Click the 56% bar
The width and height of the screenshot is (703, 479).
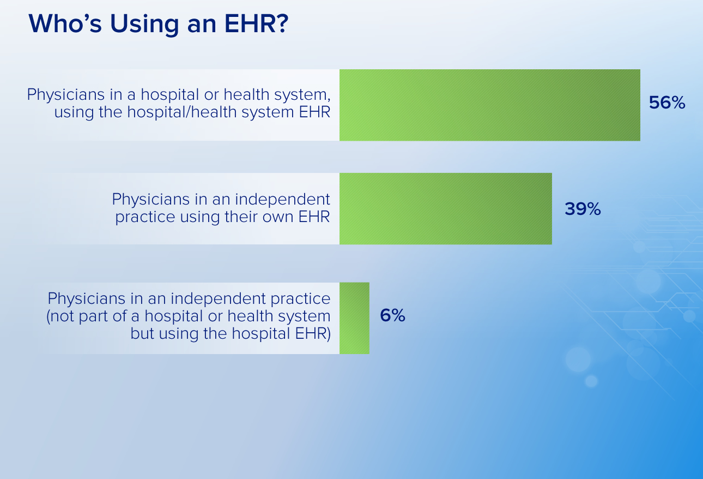click(x=489, y=105)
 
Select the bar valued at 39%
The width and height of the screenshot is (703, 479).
click(x=446, y=208)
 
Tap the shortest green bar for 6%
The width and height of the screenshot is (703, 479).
click(x=354, y=318)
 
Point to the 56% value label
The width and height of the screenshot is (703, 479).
click(x=667, y=103)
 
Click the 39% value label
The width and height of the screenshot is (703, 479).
click(x=583, y=209)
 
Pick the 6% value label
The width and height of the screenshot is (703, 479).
click(x=392, y=315)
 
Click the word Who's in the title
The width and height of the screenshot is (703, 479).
click(x=65, y=23)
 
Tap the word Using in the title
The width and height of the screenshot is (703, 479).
click(x=144, y=25)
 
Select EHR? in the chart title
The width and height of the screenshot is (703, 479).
click(x=256, y=23)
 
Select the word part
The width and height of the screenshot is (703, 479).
click(x=93, y=316)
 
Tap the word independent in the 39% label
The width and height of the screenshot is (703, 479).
click(x=282, y=200)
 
